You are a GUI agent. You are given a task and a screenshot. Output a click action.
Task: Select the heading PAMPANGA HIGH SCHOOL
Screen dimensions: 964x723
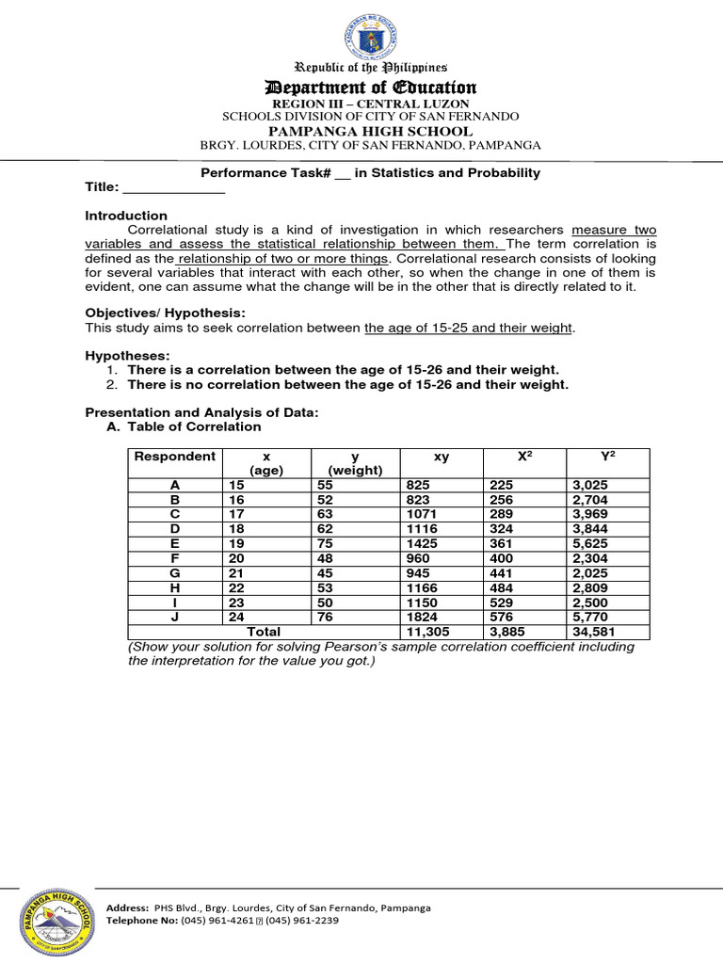(x=370, y=131)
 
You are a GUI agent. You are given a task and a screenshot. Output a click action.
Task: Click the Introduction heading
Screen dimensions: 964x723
(x=126, y=216)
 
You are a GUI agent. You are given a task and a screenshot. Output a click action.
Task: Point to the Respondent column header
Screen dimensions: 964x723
(x=174, y=457)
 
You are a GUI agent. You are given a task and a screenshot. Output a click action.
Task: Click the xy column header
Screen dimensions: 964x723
(x=442, y=457)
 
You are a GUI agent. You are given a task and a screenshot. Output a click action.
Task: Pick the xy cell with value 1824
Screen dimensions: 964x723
(x=422, y=617)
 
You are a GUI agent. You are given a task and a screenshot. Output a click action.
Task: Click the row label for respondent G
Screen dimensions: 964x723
(x=174, y=573)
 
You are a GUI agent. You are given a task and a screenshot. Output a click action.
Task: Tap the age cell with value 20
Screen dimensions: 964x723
(x=236, y=558)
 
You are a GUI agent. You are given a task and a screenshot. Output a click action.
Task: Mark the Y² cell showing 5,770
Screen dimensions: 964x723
(x=590, y=617)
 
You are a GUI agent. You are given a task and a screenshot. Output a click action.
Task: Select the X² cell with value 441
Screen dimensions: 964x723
(x=504, y=573)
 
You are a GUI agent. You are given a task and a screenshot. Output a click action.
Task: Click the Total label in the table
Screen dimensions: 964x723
(x=264, y=632)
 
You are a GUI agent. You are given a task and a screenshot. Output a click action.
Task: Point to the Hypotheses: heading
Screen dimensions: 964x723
(x=128, y=356)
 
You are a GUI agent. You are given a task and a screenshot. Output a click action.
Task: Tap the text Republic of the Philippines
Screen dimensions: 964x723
(x=371, y=68)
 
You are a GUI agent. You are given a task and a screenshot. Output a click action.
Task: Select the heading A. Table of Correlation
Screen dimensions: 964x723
(x=185, y=426)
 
